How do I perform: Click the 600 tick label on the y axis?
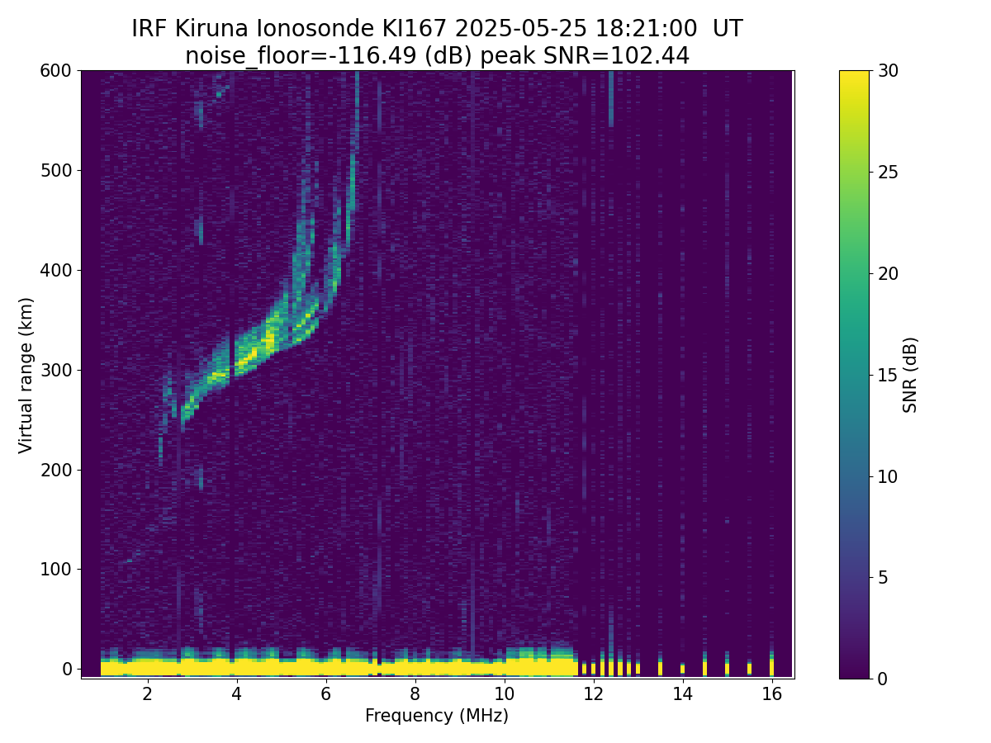pyautogui.click(x=55, y=71)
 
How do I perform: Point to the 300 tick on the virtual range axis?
pyautogui.click(x=78, y=370)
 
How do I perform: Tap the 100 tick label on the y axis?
pyautogui.click(x=55, y=570)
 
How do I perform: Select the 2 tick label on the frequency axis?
pyautogui.click(x=147, y=693)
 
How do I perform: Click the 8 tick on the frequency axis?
pyautogui.click(x=415, y=681)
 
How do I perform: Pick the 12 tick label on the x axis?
pyautogui.click(x=593, y=693)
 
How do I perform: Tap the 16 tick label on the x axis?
pyautogui.click(x=772, y=693)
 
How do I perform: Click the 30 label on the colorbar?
pyautogui.click(x=888, y=71)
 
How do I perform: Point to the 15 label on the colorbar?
pyautogui.click(x=888, y=375)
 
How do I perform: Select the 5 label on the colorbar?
pyautogui.click(x=883, y=577)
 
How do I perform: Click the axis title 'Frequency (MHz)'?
pyautogui.click(x=437, y=716)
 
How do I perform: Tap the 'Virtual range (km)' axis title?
pyautogui.click(x=26, y=376)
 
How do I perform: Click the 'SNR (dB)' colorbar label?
pyautogui.click(x=909, y=375)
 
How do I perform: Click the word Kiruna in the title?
pyautogui.click(x=211, y=29)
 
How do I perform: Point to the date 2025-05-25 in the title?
pyautogui.click(x=520, y=29)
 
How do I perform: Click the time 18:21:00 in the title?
pyautogui.click(x=646, y=29)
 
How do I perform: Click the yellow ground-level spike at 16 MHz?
pyautogui.click(x=772, y=664)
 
